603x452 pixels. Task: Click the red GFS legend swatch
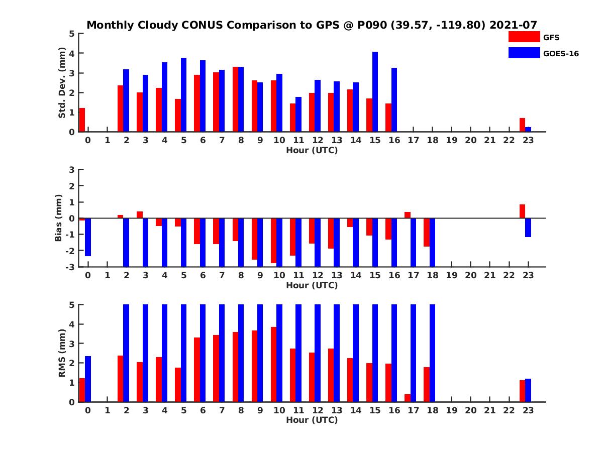(524, 37)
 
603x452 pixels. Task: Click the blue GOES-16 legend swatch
(524, 53)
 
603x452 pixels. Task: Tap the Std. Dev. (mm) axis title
(62, 83)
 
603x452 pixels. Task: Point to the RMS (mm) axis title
(62, 353)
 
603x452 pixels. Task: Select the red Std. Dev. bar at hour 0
(82, 120)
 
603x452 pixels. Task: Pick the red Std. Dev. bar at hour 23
(523, 125)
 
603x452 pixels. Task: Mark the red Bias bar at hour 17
(408, 215)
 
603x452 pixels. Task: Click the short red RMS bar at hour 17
(408, 398)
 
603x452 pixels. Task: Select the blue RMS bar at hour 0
(88, 379)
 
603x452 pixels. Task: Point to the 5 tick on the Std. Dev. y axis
(72, 34)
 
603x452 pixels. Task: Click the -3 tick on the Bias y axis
(70, 267)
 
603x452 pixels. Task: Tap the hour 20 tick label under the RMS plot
(471, 410)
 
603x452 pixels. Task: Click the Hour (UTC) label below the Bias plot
(312, 285)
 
